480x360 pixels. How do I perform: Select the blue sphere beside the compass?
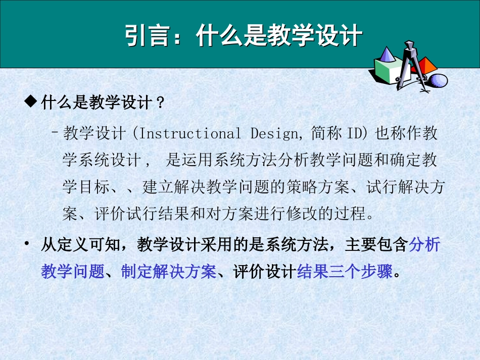439,80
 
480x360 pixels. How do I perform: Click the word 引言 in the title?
142,36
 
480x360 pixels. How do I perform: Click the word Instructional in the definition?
190,134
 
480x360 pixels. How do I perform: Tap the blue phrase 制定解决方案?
168,273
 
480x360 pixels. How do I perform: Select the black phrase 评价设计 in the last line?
264,273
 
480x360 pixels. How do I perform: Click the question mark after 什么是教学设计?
161,103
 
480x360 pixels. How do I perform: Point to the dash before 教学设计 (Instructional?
54,133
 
